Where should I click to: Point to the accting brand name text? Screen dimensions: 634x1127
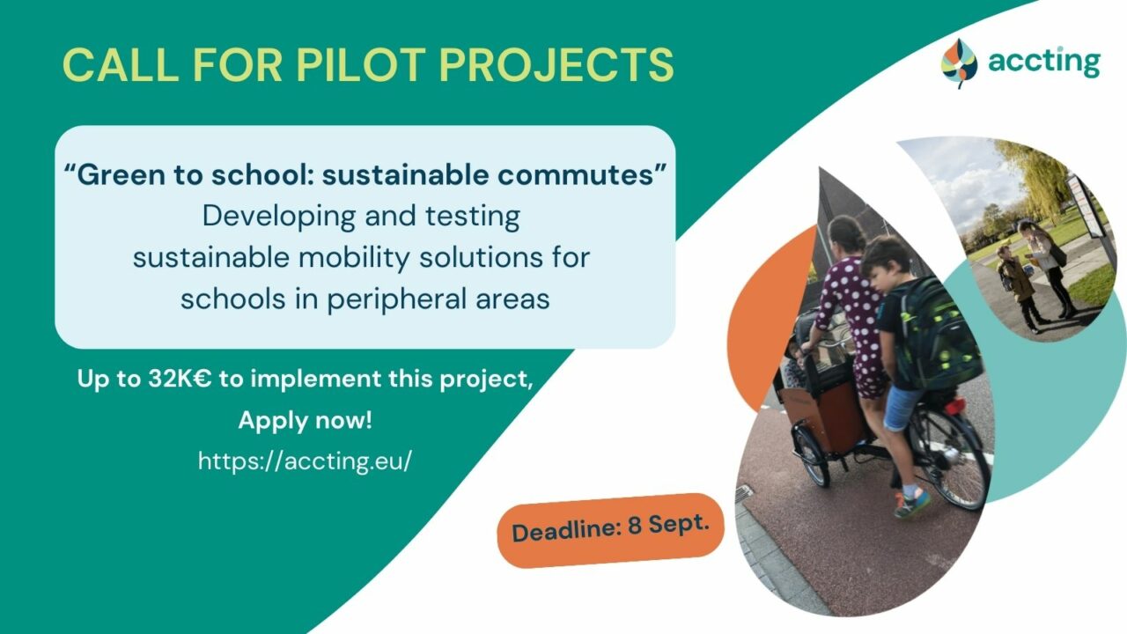(x=1043, y=62)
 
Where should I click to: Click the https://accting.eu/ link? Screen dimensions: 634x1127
(x=305, y=461)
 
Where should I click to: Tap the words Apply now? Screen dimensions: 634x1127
(x=305, y=420)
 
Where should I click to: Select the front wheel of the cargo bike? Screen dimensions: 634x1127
(x=811, y=453)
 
